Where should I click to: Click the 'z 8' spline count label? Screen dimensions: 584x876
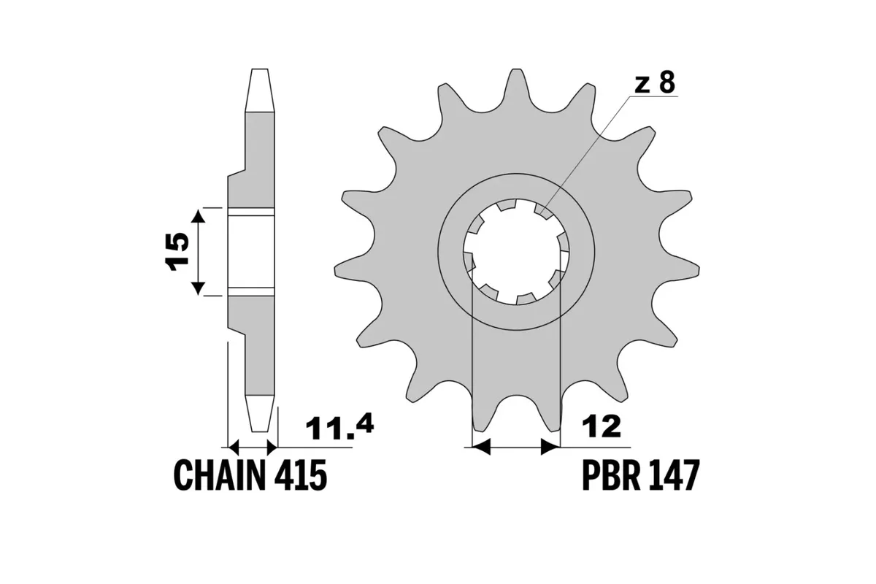pyautogui.click(x=653, y=84)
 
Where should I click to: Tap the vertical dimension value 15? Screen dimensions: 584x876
pyautogui.click(x=177, y=252)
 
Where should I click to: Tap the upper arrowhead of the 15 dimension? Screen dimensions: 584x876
pyautogui.click(x=198, y=215)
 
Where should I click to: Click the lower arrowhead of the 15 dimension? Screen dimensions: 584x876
pyautogui.click(x=198, y=288)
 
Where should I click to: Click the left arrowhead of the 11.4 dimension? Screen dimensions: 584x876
pyautogui.click(x=235, y=447)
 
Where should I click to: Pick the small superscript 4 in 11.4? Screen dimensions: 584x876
pyautogui.click(x=364, y=422)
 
